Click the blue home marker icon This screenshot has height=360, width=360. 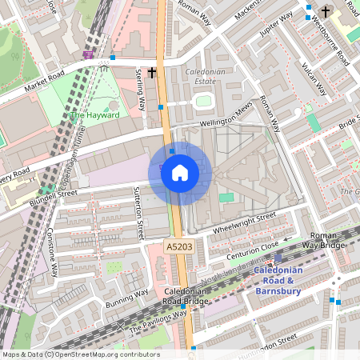pos(180,173)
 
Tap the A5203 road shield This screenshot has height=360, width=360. pos(179,248)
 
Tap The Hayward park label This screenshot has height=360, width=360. pos(94,115)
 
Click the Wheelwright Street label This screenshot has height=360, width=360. pos(244,223)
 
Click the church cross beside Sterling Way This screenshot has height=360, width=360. pos(151,73)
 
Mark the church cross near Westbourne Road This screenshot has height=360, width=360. pos(326,12)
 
